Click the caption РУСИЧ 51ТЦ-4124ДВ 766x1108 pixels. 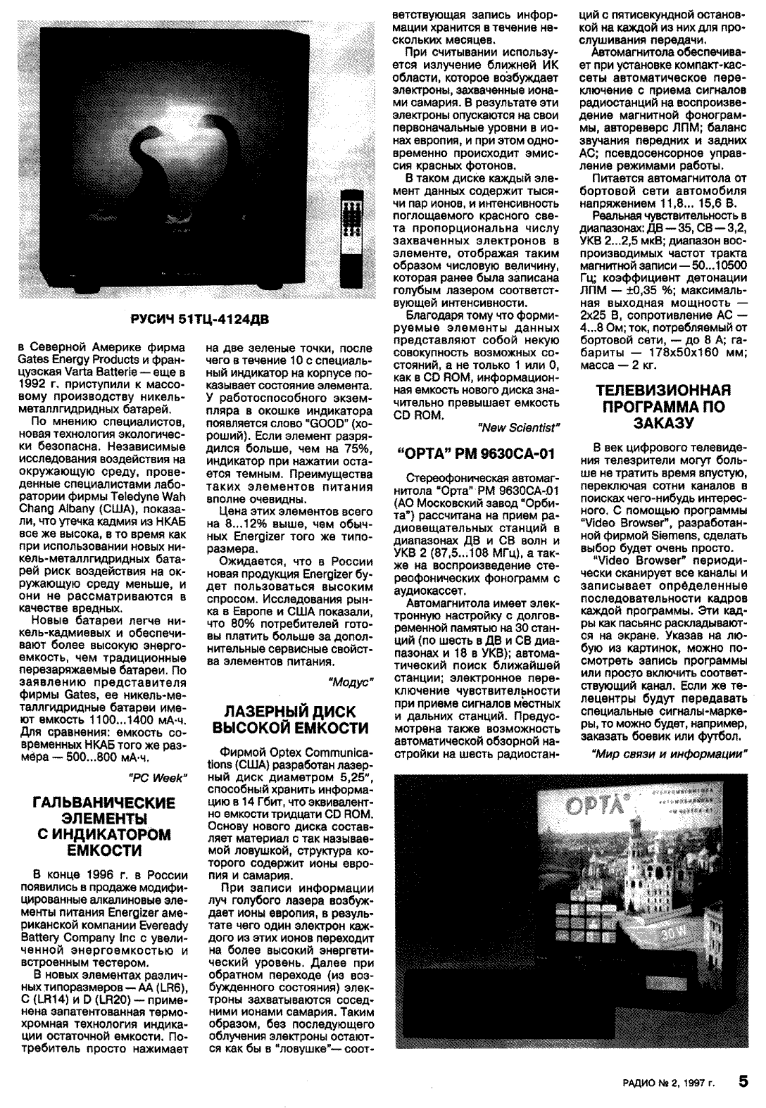(199, 321)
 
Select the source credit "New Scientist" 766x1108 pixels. (520, 427)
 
